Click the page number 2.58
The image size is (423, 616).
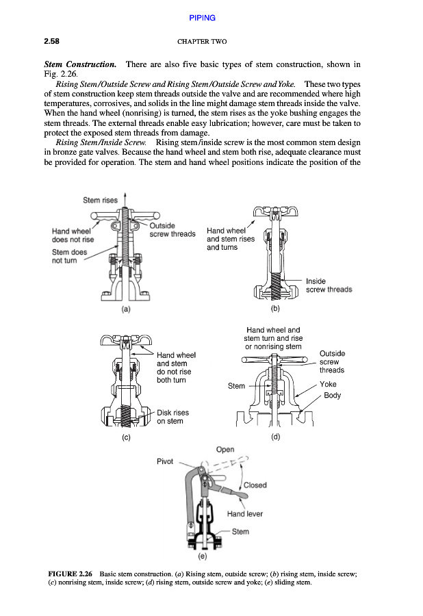pos(53,42)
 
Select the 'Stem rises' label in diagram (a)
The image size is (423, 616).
pos(100,201)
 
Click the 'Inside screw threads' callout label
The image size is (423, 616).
pos(329,285)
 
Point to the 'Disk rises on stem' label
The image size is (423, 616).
pos(172,417)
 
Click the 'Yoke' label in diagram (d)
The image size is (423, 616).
pos(328,384)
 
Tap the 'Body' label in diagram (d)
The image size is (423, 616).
pos(332,396)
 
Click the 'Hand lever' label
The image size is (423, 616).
pos(244,513)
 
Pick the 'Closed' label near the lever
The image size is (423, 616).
pos(255,485)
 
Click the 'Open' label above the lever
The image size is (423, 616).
pos(225,450)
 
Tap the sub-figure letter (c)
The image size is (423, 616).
pos(125,435)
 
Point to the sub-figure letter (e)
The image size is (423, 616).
pos(211,556)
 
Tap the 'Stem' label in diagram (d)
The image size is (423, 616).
pos(236,386)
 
